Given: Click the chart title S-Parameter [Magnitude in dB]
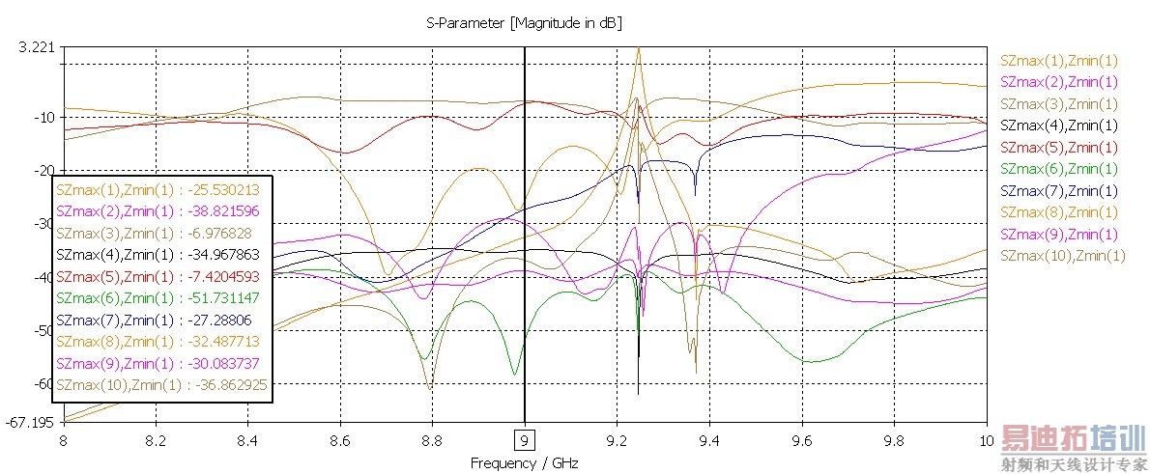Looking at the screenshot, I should pyautogui.click(x=531, y=21).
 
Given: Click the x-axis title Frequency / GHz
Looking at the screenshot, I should pyautogui.click(x=524, y=462).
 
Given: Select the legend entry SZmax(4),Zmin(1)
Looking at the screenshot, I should pyautogui.click(x=1059, y=125).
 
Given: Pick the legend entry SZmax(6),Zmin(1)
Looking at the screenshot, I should pyautogui.click(x=1059, y=169).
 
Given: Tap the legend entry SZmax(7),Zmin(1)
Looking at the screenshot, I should pyautogui.click(x=1059, y=190).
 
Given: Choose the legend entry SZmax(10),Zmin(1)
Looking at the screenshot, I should pyautogui.click(x=1063, y=255).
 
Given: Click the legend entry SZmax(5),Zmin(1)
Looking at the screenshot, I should pyautogui.click(x=1059, y=148).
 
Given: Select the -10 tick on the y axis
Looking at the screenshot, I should pyautogui.click(x=43, y=117).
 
